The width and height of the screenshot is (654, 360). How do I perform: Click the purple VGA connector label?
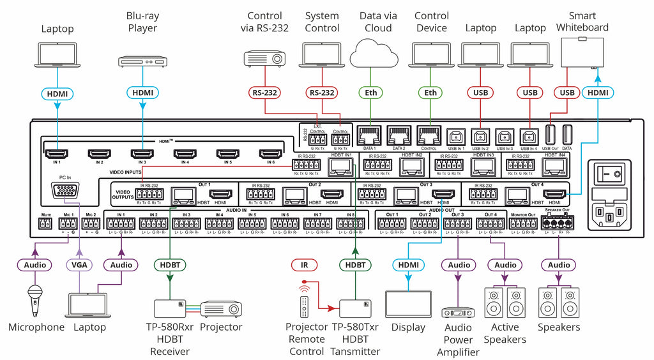click(x=80, y=264)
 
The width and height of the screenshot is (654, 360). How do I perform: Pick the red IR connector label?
click(x=304, y=264)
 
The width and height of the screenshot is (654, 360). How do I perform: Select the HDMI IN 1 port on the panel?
click(x=57, y=153)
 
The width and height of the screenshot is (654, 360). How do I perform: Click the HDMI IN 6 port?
click(x=271, y=153)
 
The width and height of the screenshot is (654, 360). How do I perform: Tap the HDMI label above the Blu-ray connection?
click(x=143, y=93)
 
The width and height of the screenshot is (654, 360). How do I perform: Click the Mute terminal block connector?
click(x=45, y=224)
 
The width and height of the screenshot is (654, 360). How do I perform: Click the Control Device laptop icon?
click(x=431, y=55)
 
